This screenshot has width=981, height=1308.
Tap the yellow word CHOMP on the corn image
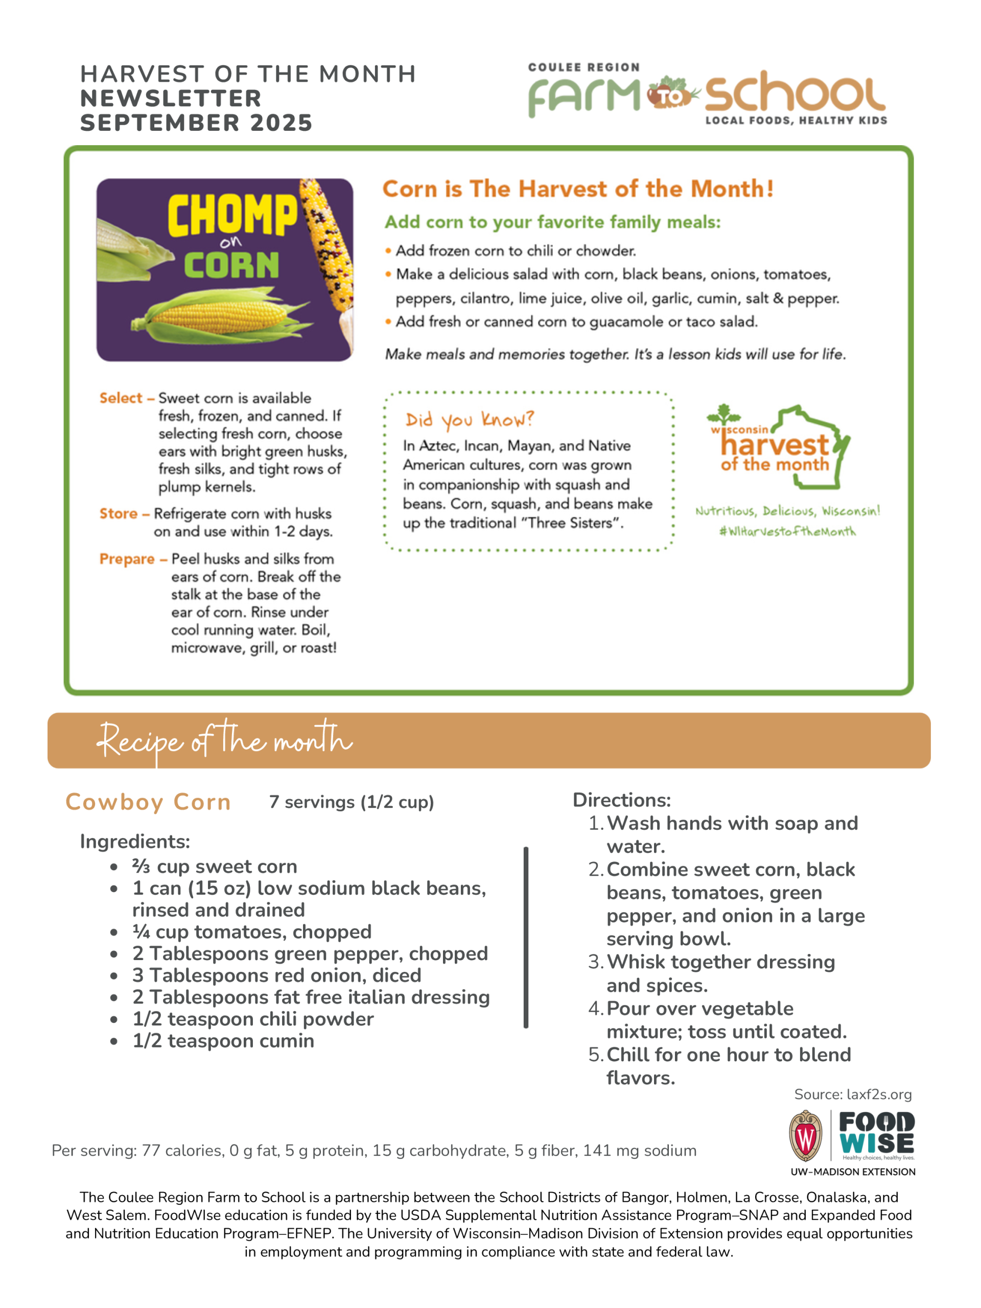click(232, 215)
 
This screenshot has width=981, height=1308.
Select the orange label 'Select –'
click(127, 399)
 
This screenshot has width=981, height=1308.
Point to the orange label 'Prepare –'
click(133, 559)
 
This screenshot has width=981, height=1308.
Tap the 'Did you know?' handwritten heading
click(470, 420)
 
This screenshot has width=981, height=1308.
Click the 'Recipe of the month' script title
click(225, 741)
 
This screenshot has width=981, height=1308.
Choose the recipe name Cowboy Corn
click(148, 802)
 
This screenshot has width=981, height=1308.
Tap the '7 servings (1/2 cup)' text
click(351, 802)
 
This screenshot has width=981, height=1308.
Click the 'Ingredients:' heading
click(135, 842)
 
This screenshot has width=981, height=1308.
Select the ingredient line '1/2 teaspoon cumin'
click(223, 1041)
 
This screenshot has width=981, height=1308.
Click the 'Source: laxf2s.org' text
click(853, 1094)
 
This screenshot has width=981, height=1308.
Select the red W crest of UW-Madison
click(805, 1135)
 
